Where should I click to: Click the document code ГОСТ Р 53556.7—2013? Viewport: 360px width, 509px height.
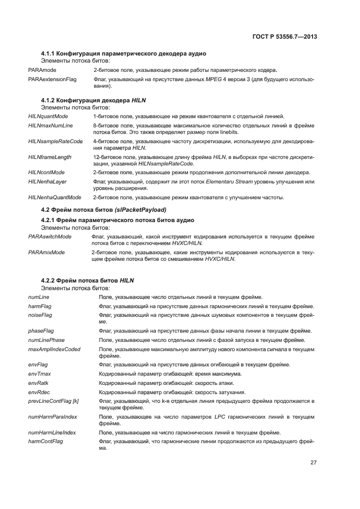coord(285,37)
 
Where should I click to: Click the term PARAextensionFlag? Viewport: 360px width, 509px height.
coord(52,79)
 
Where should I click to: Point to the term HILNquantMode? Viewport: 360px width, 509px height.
coord(48,116)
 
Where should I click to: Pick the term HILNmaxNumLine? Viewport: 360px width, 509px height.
coord(50,126)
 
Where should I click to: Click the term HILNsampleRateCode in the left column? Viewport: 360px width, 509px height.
coord(55,141)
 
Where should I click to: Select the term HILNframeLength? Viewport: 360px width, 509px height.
coord(50,157)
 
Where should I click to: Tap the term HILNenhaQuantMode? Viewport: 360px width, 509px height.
coord(54,197)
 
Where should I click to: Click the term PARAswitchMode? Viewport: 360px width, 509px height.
coord(50,237)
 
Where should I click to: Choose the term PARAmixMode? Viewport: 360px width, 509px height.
coord(46,253)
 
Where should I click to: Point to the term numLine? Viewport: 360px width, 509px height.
coord(38,297)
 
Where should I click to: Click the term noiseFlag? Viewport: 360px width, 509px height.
coord(40,315)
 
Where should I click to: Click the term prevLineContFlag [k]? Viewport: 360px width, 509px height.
coord(53,401)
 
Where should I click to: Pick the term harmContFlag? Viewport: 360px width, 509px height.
coord(45,441)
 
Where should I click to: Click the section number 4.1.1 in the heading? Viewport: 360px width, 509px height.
coord(50,53)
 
